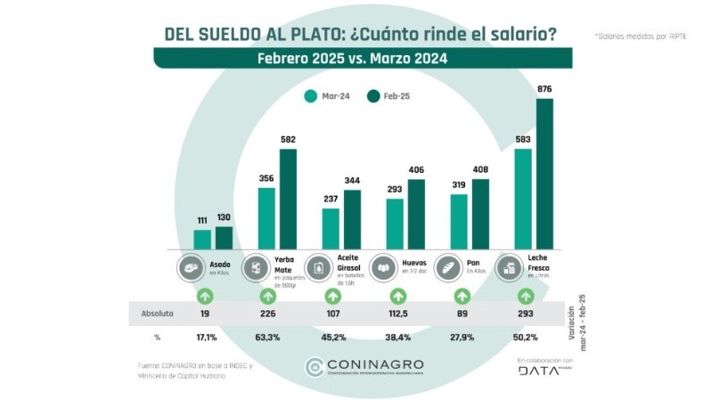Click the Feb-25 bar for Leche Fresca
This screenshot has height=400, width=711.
point(545,174)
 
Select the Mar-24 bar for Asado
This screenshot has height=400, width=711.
point(202,240)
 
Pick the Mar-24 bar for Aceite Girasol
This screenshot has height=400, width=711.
point(331,228)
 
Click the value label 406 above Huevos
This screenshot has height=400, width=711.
point(417,170)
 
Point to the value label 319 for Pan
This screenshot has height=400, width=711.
point(459,185)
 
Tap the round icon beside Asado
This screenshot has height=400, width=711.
point(191,266)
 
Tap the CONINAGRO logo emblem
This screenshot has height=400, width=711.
point(315,367)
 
